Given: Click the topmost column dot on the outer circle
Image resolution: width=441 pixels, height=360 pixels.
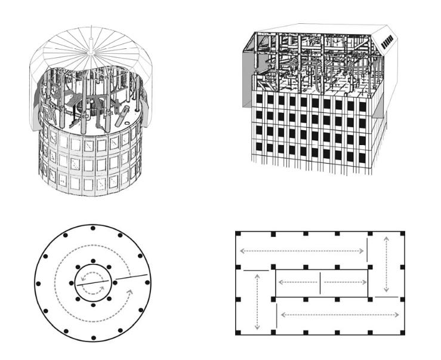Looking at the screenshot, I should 92,227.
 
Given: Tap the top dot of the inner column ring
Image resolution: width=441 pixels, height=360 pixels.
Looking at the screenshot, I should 92,261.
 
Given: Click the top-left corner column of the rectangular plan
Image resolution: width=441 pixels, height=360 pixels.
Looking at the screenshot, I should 238,234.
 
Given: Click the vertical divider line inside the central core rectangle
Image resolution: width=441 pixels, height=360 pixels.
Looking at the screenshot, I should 320,282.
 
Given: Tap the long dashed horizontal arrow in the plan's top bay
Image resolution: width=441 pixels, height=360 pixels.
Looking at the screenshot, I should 301,251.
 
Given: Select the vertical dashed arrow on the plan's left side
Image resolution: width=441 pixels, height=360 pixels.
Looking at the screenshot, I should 257,301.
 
